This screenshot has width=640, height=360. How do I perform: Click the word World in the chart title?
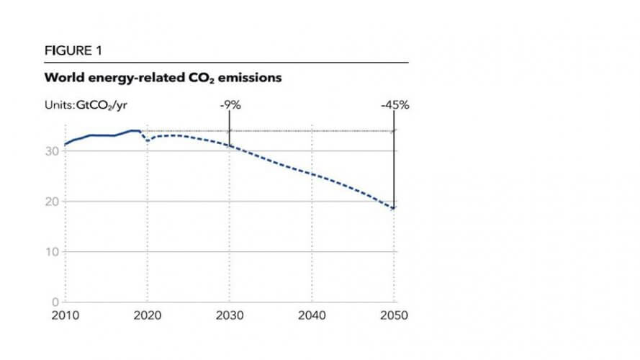62,77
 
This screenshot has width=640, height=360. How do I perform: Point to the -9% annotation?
230,105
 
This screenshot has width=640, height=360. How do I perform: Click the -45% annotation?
395,105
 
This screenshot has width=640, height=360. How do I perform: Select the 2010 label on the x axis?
65,315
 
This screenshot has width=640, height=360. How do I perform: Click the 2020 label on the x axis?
147,315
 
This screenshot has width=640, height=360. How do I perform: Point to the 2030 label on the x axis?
230,315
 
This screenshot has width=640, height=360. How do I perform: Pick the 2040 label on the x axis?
312,315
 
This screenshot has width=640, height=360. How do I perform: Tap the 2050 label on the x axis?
395,315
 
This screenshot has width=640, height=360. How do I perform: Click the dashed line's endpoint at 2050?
395,209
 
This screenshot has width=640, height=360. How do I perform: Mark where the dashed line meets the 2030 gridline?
230,146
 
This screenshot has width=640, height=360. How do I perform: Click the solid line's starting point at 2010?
65,145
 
